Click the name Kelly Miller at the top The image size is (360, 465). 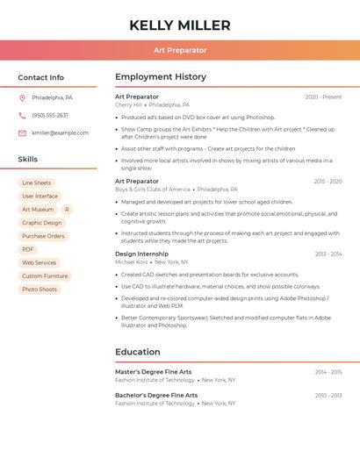point(180,25)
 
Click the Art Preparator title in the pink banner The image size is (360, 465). point(180,50)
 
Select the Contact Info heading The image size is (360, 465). point(41,77)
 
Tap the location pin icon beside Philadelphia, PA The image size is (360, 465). point(22,97)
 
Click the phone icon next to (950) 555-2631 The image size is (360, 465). point(22,115)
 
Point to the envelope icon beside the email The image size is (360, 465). point(22,133)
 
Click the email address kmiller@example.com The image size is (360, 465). point(60,133)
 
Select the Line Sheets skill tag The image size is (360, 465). point(37,182)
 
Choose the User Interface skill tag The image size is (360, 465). point(40,197)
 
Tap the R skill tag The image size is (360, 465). point(67,210)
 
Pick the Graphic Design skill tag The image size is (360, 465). point(42,223)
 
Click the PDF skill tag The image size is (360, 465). point(28,249)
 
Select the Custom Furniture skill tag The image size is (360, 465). point(45,276)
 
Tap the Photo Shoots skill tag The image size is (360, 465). point(40,290)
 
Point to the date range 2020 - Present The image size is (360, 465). point(323,97)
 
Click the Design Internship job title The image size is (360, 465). point(141,254)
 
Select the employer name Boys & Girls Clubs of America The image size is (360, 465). point(152,190)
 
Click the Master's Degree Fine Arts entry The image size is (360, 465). point(153,372)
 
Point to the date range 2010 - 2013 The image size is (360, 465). point(328,396)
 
